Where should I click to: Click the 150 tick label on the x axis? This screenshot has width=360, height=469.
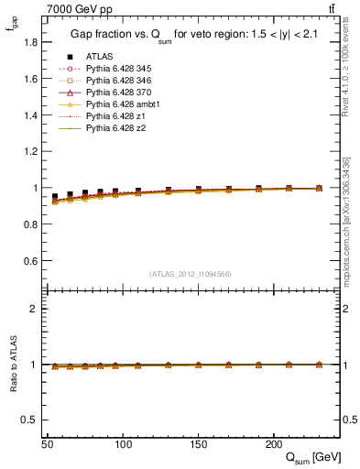198,443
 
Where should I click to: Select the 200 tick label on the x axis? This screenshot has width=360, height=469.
273,443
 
